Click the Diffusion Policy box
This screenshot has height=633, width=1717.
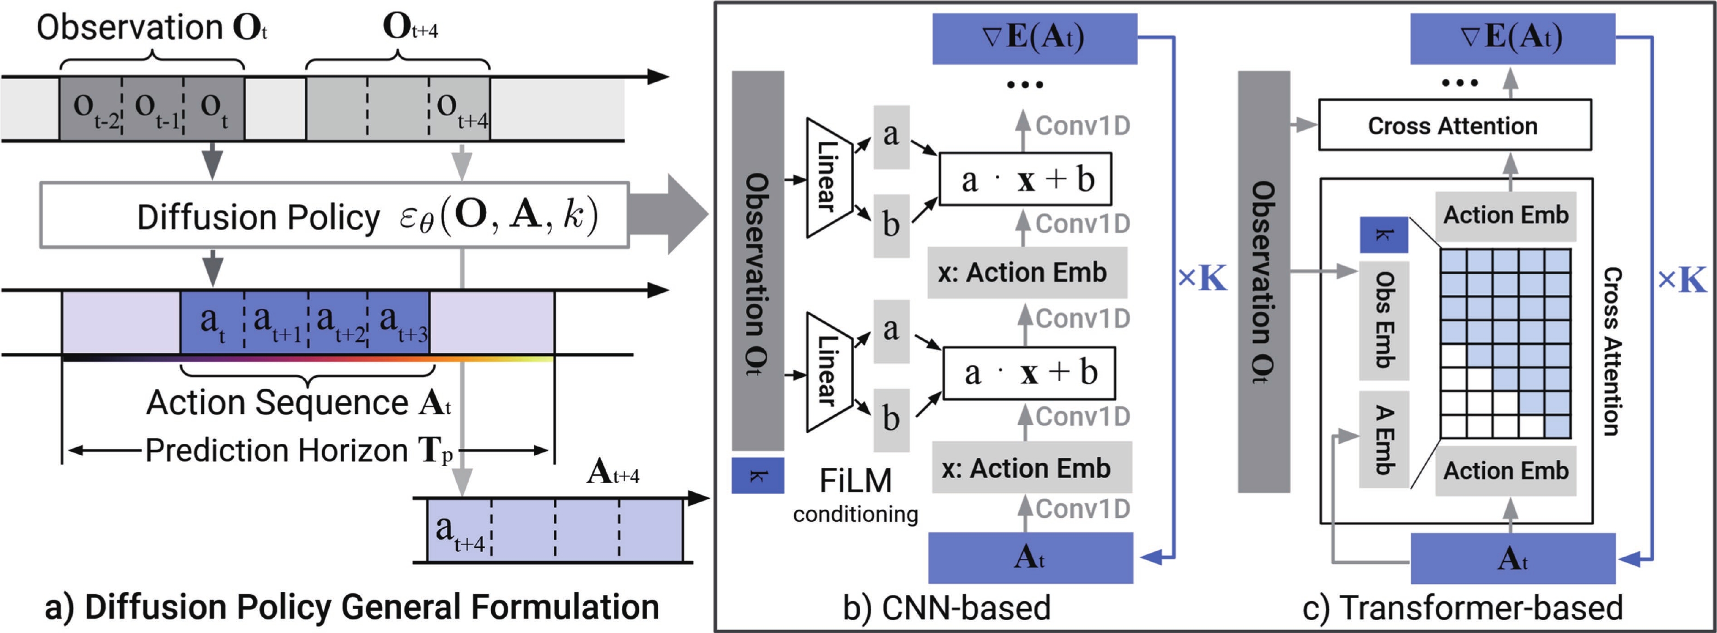pyautogui.click(x=333, y=215)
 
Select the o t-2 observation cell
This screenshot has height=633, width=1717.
pyautogui.click(x=90, y=108)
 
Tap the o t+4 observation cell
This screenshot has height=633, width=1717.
pyautogui.click(x=460, y=108)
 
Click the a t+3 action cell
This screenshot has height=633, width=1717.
pyautogui.click(x=398, y=322)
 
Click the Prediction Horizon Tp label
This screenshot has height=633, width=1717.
pyautogui.click(x=299, y=451)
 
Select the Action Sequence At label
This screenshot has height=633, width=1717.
pyautogui.click(x=299, y=403)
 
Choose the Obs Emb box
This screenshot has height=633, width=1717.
pyautogui.click(x=1384, y=320)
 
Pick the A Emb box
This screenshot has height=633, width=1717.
pyautogui.click(x=1384, y=439)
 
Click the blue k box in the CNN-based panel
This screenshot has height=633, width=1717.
pyautogui.click(x=757, y=475)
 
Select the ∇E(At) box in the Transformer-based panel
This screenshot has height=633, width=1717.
pyautogui.click(x=1512, y=38)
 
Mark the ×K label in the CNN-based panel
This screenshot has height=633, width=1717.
pyautogui.click(x=1202, y=279)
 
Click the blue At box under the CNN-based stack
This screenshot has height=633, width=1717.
pyautogui.click(x=1030, y=558)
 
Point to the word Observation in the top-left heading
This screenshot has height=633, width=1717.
pyautogui.click(x=129, y=28)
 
